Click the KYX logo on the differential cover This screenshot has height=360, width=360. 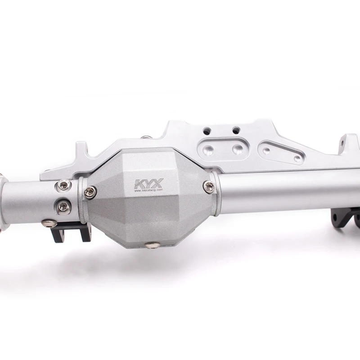click(148, 184)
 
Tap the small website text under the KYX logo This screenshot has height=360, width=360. click(149, 190)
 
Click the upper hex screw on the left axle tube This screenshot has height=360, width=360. click(64, 184)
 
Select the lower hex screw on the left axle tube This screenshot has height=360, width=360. click(63, 206)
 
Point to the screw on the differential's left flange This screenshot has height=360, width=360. click(90, 192)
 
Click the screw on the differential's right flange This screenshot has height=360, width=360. click(208, 187)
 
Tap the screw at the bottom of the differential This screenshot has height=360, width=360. click(153, 245)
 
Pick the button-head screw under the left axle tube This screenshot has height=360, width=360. click(49, 223)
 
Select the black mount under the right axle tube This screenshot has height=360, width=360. click(344, 217)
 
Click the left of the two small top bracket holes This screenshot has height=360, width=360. click(207, 131)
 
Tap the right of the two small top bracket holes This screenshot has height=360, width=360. click(235, 130)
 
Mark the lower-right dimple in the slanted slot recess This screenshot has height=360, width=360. click(297, 158)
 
